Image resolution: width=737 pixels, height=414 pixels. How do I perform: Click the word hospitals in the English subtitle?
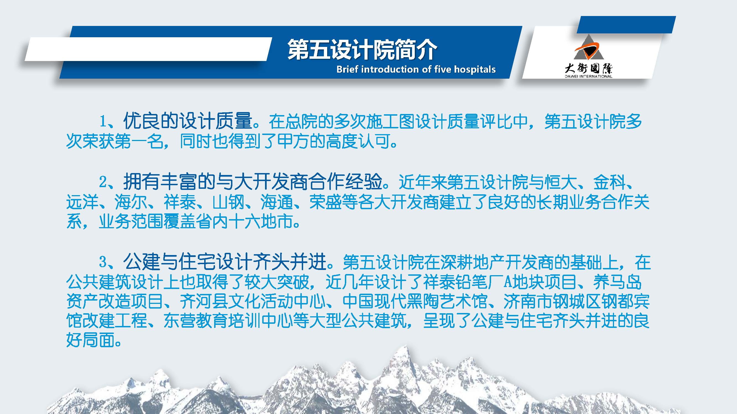point(475,70)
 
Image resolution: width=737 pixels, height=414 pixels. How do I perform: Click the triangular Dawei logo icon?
point(589,48)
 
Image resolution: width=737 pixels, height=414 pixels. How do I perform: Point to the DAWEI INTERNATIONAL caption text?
point(589,76)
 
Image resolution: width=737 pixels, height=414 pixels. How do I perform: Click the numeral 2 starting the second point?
point(103,182)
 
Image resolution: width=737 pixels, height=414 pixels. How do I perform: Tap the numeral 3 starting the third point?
point(103,261)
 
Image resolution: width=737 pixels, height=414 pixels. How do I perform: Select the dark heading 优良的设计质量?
point(188,121)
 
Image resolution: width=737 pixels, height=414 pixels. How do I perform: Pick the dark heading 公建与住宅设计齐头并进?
point(225,261)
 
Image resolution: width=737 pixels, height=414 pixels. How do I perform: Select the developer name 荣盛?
point(325,202)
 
